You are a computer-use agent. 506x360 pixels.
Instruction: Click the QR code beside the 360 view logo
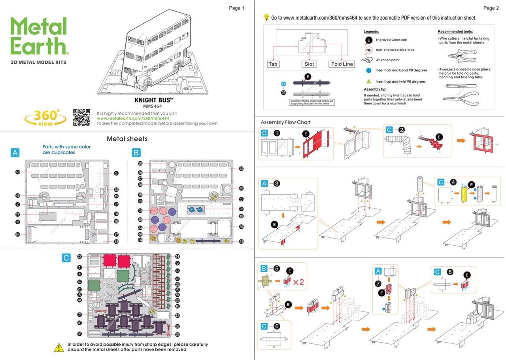(x=81, y=117)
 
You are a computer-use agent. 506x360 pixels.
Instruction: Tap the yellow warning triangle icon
(x=59, y=347)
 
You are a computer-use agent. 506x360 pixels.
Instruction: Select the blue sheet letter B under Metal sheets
(x=136, y=152)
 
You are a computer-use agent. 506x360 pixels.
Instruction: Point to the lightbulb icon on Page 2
(x=266, y=17)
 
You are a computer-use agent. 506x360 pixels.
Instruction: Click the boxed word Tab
(x=273, y=64)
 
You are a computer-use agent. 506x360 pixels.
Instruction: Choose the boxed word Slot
(x=309, y=64)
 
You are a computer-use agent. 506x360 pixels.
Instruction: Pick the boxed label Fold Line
(x=342, y=64)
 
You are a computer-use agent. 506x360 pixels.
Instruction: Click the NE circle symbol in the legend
(x=368, y=50)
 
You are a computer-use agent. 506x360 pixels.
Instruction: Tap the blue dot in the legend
(x=368, y=70)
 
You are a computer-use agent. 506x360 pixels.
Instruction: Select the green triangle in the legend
(x=368, y=81)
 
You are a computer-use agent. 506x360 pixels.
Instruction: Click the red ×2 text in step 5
(x=298, y=282)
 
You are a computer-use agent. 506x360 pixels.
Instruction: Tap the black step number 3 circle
(x=277, y=183)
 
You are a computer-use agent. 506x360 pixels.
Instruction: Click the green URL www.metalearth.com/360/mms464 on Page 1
(x=133, y=118)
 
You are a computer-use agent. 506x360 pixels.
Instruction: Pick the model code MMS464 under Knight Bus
(x=152, y=106)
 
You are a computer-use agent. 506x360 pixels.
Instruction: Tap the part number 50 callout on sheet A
(x=18, y=172)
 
